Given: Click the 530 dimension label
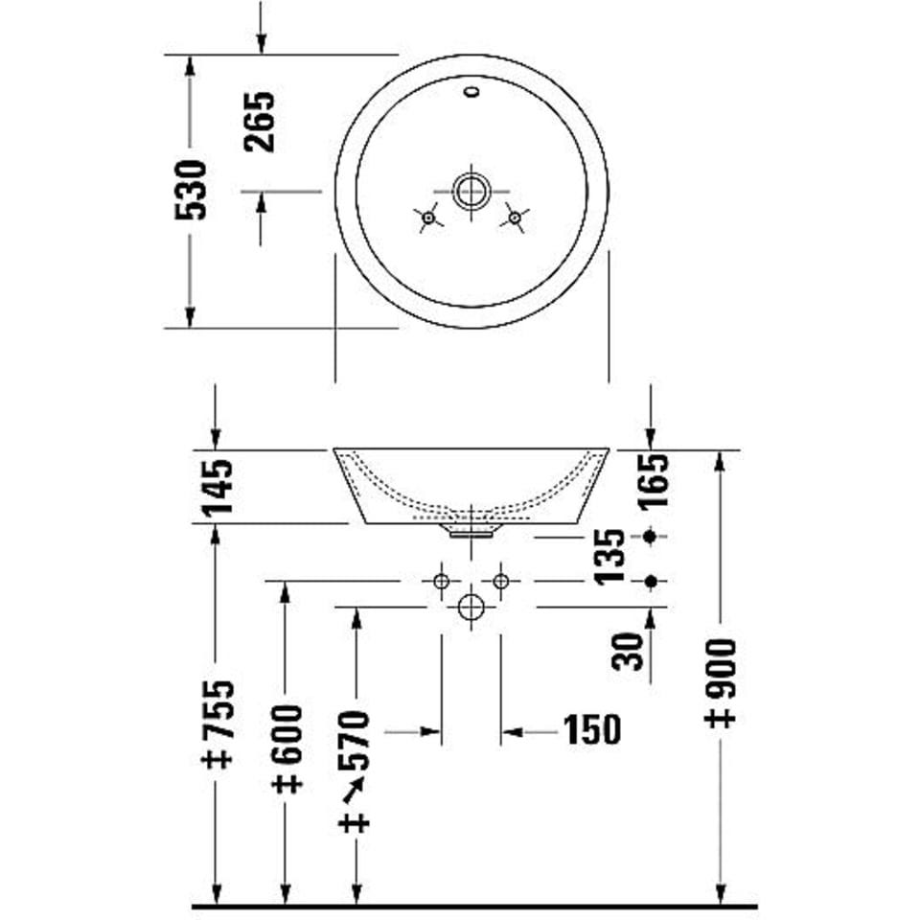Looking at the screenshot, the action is [x=191, y=190].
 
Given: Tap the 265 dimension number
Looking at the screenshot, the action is [x=260, y=122].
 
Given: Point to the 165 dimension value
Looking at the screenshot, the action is [x=654, y=480].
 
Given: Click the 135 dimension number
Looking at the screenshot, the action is [x=609, y=557].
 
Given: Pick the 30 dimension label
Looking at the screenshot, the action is [x=627, y=652].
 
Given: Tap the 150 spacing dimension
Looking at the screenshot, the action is [x=592, y=730].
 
